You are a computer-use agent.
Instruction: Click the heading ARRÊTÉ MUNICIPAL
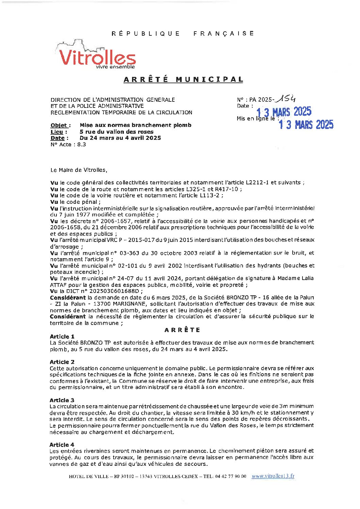[183, 80]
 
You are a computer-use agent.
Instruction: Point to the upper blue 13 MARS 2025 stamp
[284, 112]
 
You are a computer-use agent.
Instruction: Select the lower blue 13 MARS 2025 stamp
[306, 125]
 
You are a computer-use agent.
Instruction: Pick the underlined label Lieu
[57, 132]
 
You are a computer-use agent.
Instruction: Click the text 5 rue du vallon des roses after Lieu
[116, 132]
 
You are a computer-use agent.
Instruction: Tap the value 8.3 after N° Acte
[82, 144]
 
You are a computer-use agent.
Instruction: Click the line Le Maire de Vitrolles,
[79, 170]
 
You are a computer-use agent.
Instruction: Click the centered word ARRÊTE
[182, 330]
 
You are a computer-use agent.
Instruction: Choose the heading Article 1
[62, 336]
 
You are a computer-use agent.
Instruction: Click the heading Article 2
[62, 362]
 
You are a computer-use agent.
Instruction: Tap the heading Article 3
[62, 400]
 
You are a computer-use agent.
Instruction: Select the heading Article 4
[62, 445]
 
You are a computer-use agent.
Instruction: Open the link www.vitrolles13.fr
[273, 476]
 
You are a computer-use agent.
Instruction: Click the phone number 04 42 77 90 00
[231, 476]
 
